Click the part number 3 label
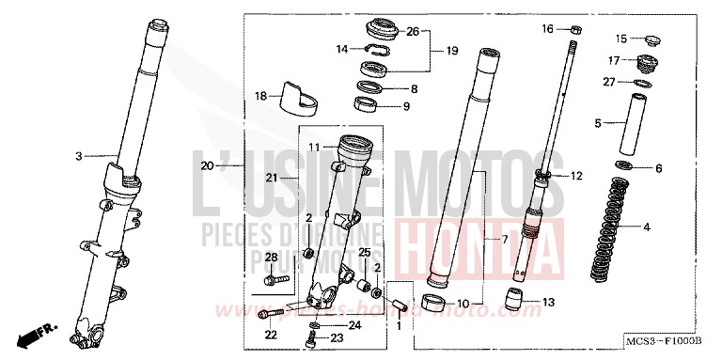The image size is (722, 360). click(79, 156)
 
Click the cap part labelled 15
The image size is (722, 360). click(647, 39)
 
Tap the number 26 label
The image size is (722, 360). click(412, 32)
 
